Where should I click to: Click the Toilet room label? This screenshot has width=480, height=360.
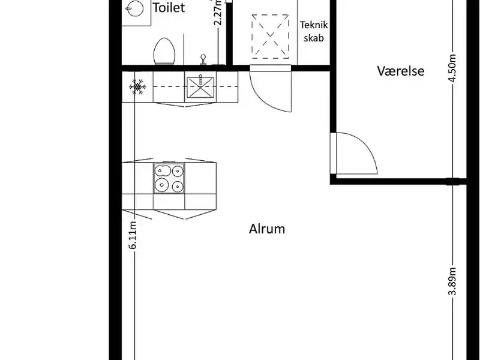[169, 8]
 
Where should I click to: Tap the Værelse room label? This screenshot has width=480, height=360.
[401, 71]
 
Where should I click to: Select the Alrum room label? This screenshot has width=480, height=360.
[267, 229]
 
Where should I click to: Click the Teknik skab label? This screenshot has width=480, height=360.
[314, 31]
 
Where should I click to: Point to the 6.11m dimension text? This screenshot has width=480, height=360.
[133, 235]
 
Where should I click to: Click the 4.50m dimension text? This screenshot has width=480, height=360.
[452, 68]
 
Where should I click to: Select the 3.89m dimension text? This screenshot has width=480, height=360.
[452, 281]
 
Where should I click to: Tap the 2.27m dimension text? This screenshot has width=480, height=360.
[218, 13]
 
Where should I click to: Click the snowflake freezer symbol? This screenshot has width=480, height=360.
[137, 87]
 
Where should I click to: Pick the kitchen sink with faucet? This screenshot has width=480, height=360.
[200, 87]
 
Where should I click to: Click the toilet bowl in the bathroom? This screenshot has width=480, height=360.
[164, 52]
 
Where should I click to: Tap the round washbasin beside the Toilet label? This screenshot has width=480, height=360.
[134, 8]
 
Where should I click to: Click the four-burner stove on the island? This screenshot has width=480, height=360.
[169, 178]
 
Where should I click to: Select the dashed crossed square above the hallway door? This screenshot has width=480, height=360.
[271, 37]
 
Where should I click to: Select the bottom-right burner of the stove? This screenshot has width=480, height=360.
[178, 186]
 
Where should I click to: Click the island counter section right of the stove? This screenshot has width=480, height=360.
[200, 178]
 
